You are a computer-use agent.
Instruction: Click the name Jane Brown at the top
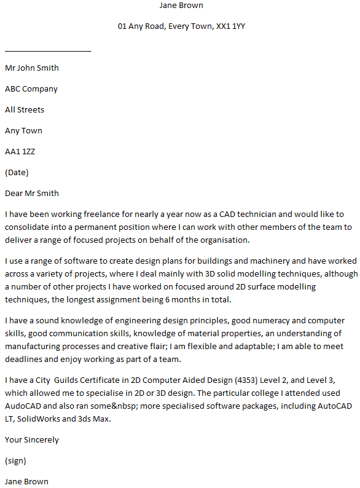[181, 6]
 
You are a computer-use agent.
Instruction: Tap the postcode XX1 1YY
[230, 26]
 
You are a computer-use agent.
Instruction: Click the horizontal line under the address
[48, 51]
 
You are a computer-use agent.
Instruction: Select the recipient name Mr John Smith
[32, 68]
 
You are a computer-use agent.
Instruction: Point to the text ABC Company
[31, 89]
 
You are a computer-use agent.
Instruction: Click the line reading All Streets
[25, 110]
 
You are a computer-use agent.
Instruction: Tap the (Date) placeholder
[17, 173]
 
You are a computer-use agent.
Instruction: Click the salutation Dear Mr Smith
[32, 194]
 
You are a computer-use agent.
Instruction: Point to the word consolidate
[26, 227]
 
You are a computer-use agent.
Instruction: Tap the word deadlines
[24, 360]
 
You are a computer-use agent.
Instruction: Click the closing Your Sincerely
[32, 440]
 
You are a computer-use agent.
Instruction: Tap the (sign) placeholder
[15, 461]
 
